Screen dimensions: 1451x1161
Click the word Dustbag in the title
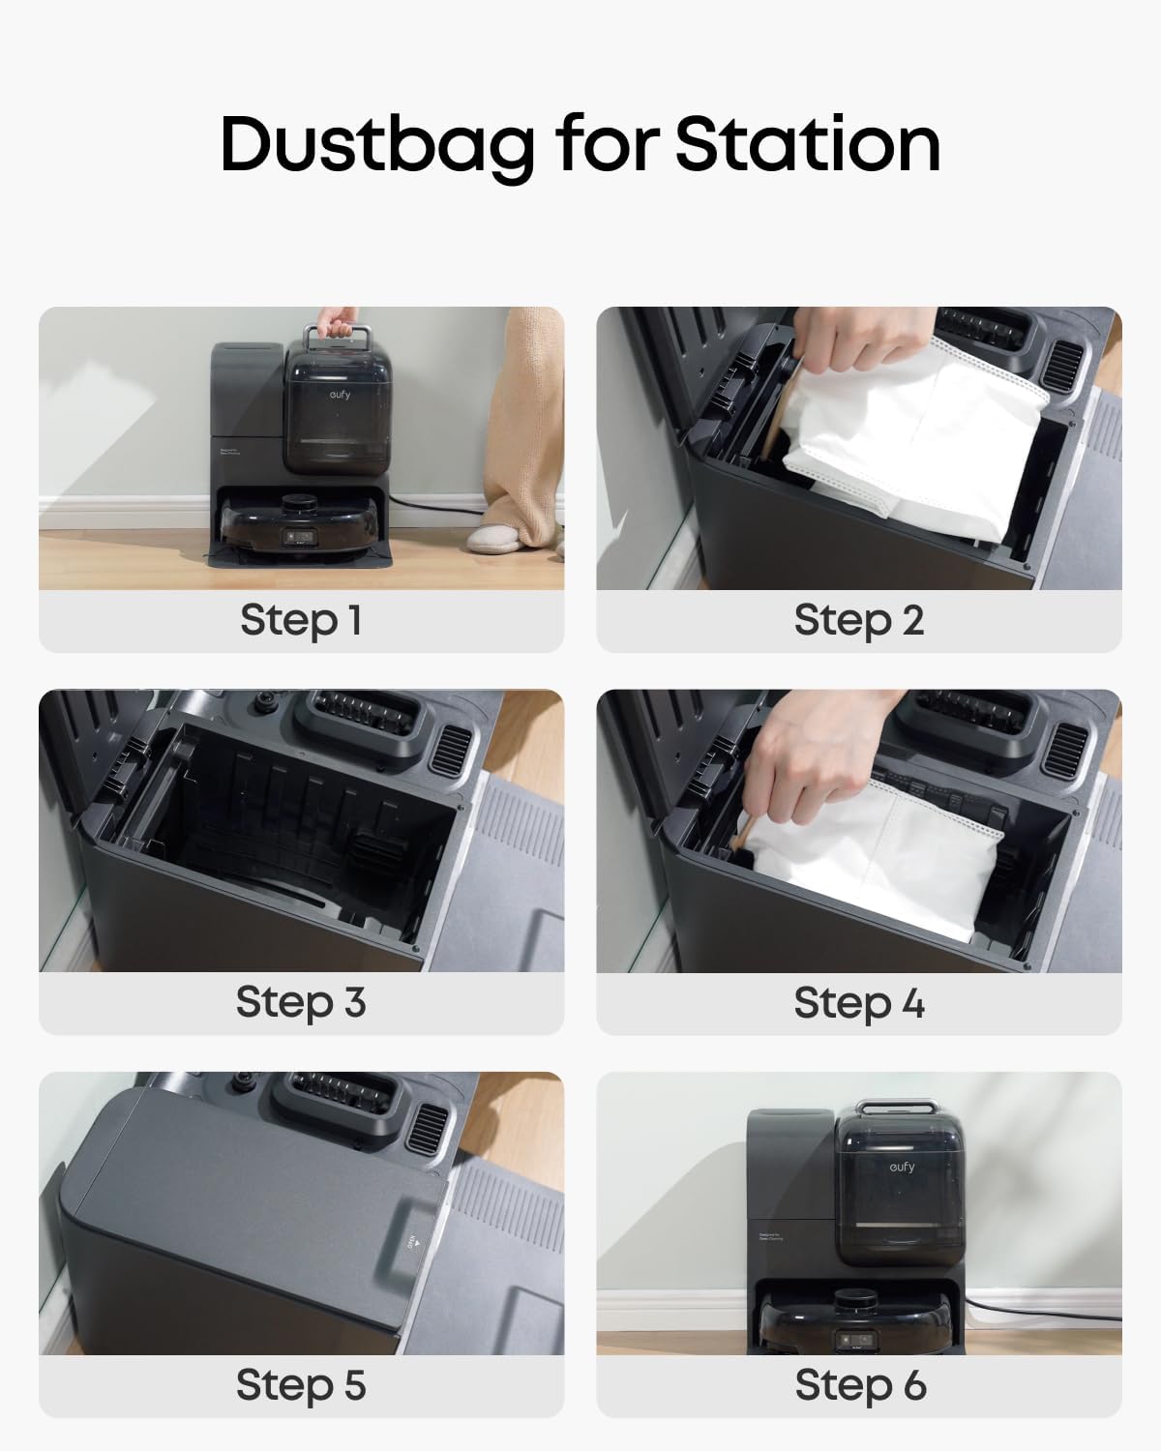[x=377, y=145]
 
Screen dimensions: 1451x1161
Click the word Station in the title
[x=807, y=145]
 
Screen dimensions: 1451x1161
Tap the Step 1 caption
[x=301, y=620]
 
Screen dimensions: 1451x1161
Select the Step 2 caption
[x=859, y=620]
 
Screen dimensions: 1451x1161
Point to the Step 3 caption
[x=301, y=1002]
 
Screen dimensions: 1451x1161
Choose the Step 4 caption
[x=859, y=1002]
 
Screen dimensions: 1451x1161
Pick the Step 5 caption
[x=301, y=1384]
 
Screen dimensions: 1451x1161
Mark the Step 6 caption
[x=859, y=1384]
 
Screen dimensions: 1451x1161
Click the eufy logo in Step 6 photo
[x=901, y=1168]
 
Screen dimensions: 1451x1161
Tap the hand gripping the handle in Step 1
[x=334, y=321]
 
